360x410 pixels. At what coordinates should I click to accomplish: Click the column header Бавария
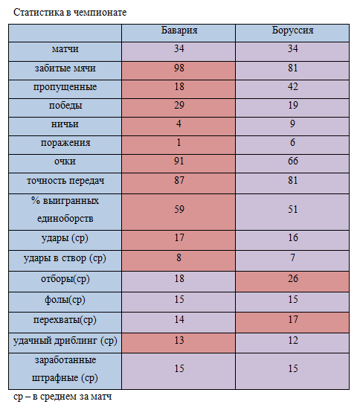click(179, 31)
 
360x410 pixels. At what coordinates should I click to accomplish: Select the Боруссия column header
click(292, 31)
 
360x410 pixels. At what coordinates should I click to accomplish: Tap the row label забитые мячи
click(65, 68)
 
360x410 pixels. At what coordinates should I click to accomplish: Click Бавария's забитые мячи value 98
click(179, 68)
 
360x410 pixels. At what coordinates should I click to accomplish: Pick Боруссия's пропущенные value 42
click(293, 86)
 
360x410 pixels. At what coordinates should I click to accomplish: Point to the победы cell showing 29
click(179, 105)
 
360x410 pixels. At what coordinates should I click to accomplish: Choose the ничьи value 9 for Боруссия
click(292, 124)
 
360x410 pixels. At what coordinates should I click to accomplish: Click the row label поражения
click(65, 143)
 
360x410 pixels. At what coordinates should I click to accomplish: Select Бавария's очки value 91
click(179, 161)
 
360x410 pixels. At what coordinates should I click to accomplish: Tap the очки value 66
click(293, 161)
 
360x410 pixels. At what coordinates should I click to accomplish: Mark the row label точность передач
click(65, 181)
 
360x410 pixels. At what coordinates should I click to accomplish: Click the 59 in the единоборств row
click(179, 209)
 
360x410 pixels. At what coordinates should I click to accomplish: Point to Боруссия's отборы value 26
click(293, 278)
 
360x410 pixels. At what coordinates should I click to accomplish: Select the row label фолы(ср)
click(65, 300)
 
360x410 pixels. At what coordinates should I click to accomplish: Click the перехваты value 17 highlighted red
click(293, 319)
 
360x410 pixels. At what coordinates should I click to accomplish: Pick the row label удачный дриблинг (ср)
click(65, 341)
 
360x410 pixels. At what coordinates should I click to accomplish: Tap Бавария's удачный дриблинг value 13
click(179, 341)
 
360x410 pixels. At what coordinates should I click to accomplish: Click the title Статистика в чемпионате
click(70, 13)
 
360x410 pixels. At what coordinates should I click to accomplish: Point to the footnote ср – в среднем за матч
click(62, 397)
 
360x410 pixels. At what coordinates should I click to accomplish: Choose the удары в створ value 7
click(293, 257)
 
